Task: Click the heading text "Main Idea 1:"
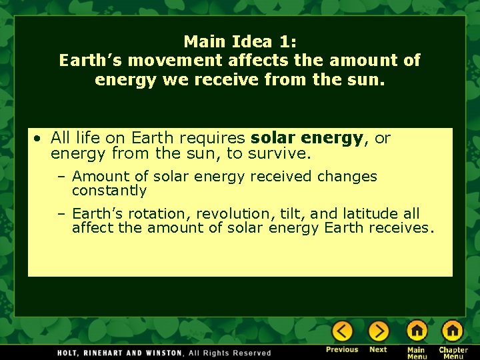tap(240, 41)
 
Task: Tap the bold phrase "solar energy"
tap(307, 138)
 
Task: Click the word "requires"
tap(217, 138)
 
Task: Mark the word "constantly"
tap(109, 191)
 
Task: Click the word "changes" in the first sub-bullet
tap(347, 177)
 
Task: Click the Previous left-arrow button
tap(342, 331)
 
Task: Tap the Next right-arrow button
tap(378, 331)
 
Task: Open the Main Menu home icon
tap(417, 331)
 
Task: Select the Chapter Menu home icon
tap(453, 331)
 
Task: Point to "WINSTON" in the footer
tap(164, 353)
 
